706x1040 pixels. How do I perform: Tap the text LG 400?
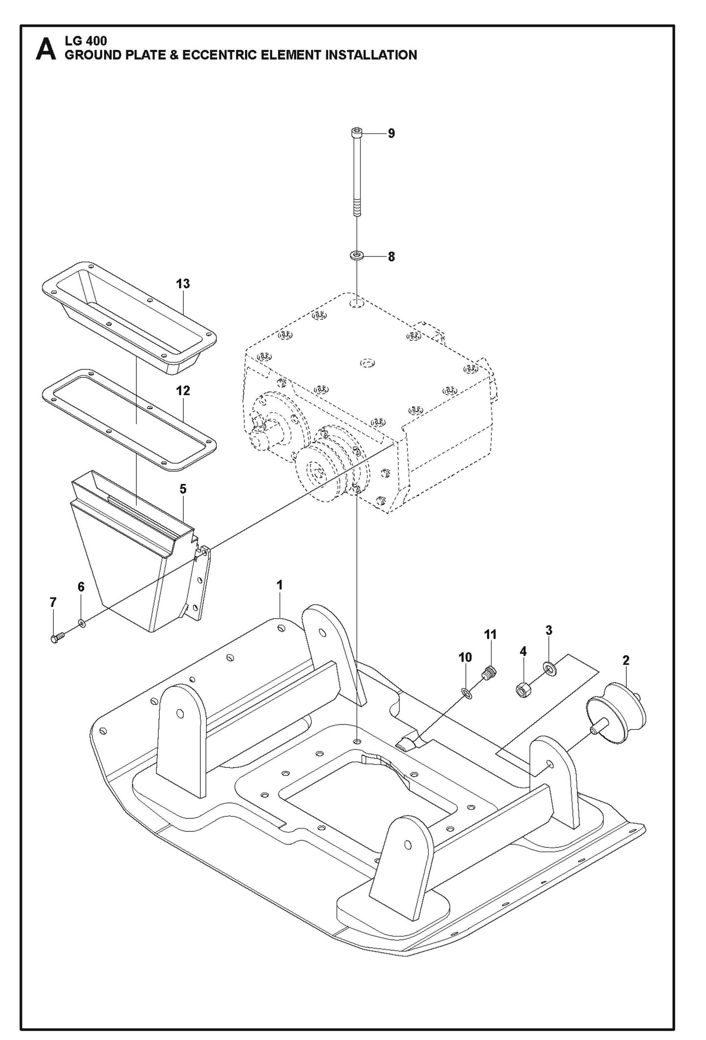point(86,41)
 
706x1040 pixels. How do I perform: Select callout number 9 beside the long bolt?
point(391,133)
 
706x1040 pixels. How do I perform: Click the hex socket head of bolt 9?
point(357,132)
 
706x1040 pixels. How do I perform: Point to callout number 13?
point(183,284)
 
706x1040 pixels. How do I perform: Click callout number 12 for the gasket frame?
point(183,391)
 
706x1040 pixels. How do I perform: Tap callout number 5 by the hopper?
point(183,489)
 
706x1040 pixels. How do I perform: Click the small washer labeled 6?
point(82,623)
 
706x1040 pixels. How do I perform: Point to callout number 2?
point(626,660)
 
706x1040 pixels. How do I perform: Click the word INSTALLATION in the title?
point(371,55)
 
